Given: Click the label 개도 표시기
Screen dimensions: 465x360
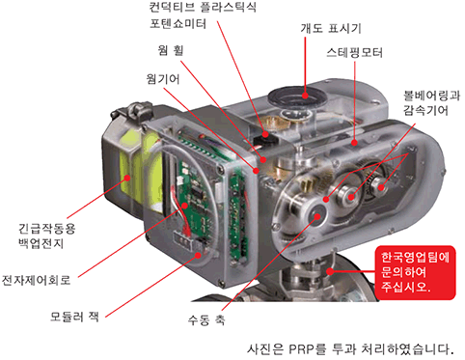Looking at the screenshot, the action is coord(331,28).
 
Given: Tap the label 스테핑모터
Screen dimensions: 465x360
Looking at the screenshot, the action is coord(354,52).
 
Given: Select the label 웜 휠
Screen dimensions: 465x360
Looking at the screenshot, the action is coord(171,50).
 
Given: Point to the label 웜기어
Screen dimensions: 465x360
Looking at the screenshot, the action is coord(163,79).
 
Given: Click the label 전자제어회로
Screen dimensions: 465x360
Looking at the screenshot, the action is coord(36,280).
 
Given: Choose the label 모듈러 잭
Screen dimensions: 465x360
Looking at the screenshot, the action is coord(74,317).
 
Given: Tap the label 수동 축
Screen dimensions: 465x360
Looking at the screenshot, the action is coord(206,319).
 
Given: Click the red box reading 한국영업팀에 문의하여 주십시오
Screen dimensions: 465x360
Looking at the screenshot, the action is coord(416,273).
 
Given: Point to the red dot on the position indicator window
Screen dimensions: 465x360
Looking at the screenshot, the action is coord(305,96).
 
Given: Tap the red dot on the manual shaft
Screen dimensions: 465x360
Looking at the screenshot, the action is coord(317,216).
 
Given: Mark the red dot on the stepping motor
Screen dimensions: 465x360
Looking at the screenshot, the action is coord(354,142).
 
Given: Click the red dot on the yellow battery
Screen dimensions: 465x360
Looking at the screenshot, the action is coord(127,178).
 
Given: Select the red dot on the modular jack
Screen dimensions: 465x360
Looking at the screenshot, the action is coord(199,256).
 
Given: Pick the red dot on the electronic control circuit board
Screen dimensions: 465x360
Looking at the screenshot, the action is coord(184,206).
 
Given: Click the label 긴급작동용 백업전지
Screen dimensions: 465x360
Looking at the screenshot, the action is coord(47,235).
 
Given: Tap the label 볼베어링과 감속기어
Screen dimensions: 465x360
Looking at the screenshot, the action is coord(432,103).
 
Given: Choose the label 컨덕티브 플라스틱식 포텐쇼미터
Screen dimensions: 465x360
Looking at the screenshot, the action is coord(203,15).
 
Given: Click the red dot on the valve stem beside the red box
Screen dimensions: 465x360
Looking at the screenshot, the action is coord(330,271).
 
